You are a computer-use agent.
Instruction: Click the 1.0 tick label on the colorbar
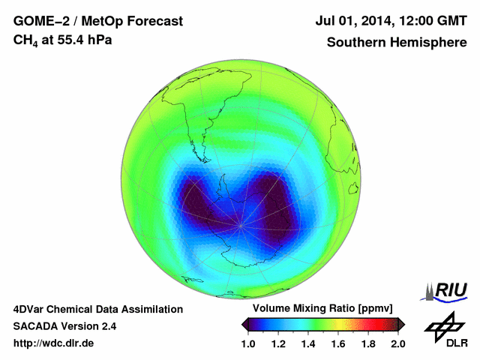click(x=249, y=343)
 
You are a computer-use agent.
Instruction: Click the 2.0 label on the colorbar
click(x=397, y=343)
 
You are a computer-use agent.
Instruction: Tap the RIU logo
click(x=448, y=290)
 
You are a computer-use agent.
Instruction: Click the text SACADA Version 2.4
click(x=64, y=326)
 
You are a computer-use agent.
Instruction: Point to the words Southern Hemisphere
click(x=397, y=42)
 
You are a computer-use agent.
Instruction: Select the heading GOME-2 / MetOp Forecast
click(x=97, y=22)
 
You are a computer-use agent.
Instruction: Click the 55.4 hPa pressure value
click(x=80, y=40)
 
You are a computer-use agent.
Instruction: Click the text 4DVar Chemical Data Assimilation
click(x=97, y=309)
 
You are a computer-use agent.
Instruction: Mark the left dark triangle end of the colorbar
click(x=245, y=324)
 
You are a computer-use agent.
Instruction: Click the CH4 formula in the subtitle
click(x=25, y=40)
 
